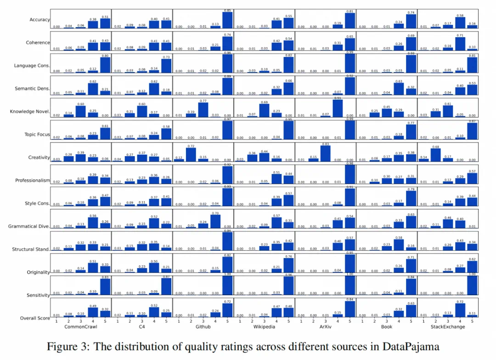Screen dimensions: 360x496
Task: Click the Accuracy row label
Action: point(39,20)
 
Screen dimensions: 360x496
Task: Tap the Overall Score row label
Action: point(35,318)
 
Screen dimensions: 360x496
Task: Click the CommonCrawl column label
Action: point(80,327)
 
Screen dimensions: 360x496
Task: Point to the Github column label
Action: point(203,327)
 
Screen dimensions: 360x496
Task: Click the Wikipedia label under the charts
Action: point(264,327)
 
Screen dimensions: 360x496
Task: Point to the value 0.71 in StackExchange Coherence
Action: point(459,34)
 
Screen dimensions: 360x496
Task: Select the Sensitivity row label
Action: point(38,295)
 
